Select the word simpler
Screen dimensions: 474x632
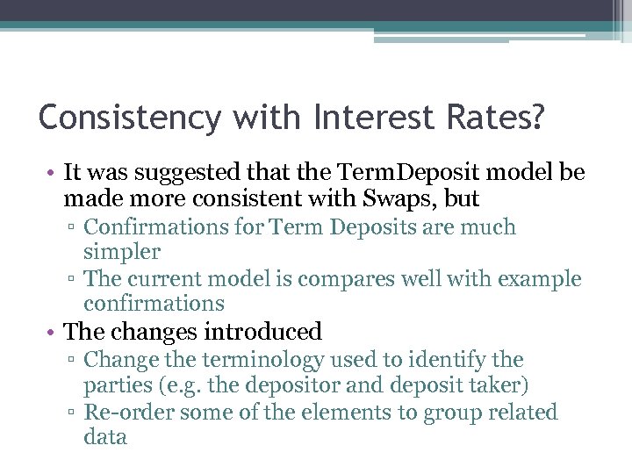click(x=122, y=252)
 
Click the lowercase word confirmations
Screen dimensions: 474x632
click(x=154, y=304)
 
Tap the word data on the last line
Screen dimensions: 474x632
click(x=105, y=437)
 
